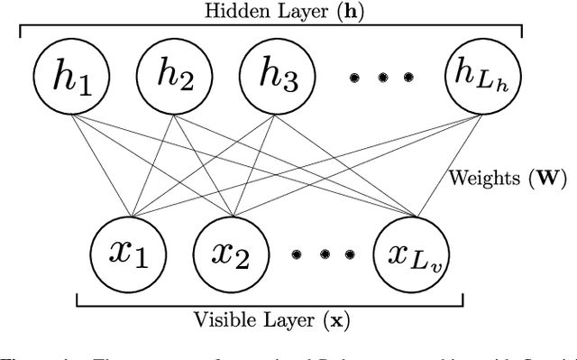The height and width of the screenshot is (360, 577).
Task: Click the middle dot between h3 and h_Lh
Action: [x=382, y=78]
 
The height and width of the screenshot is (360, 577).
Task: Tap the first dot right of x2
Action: [x=295, y=254]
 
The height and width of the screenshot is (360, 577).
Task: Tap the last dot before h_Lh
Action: [x=411, y=78]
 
